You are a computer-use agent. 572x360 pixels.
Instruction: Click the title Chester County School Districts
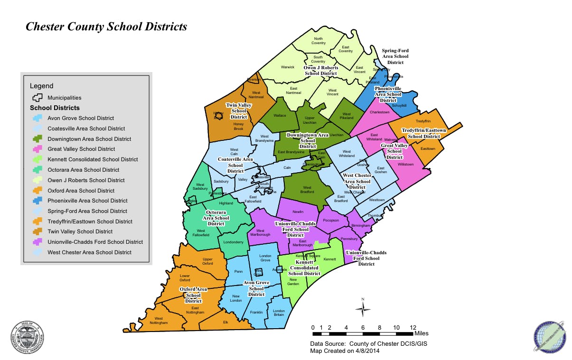point(106,27)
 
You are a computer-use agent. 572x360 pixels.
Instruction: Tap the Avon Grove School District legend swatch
point(38,118)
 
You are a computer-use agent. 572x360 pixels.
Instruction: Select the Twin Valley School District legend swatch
point(38,231)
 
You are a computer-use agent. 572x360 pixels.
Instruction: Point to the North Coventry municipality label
point(319,41)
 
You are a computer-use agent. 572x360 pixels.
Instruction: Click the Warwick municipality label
point(288,67)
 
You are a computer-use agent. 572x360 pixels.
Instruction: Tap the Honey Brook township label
point(238,126)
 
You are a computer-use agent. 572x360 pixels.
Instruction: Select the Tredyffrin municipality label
point(423,121)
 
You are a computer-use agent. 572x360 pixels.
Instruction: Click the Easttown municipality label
point(427,148)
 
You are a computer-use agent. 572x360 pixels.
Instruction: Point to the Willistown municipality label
point(405,164)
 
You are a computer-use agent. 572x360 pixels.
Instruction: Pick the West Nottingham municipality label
point(159,321)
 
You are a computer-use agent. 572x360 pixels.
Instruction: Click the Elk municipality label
point(225,322)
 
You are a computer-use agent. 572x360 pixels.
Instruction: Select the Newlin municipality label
point(298,212)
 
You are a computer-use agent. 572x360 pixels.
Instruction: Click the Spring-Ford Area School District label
point(395,56)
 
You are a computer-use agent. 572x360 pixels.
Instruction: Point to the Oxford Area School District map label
point(193,295)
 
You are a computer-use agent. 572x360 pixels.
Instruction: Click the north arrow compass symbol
point(363,309)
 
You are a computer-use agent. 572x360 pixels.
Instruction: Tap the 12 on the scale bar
point(413,327)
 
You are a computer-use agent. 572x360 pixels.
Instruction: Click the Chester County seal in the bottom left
point(29,337)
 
